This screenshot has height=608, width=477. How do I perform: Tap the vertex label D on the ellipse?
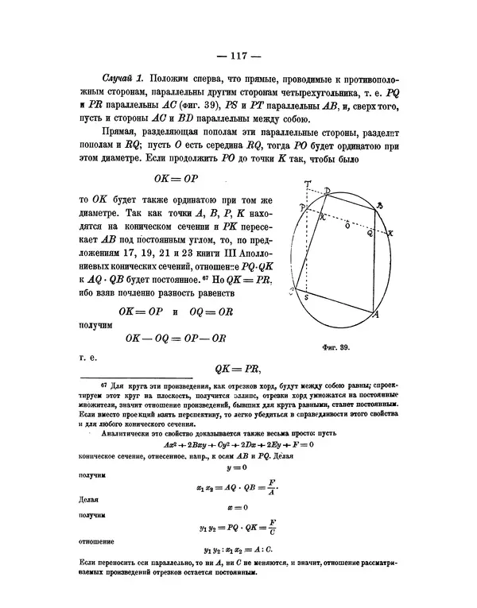(x=329, y=191)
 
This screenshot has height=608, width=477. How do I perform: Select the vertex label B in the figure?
(x=380, y=204)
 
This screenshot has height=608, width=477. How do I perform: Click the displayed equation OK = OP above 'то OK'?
(x=181, y=180)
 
